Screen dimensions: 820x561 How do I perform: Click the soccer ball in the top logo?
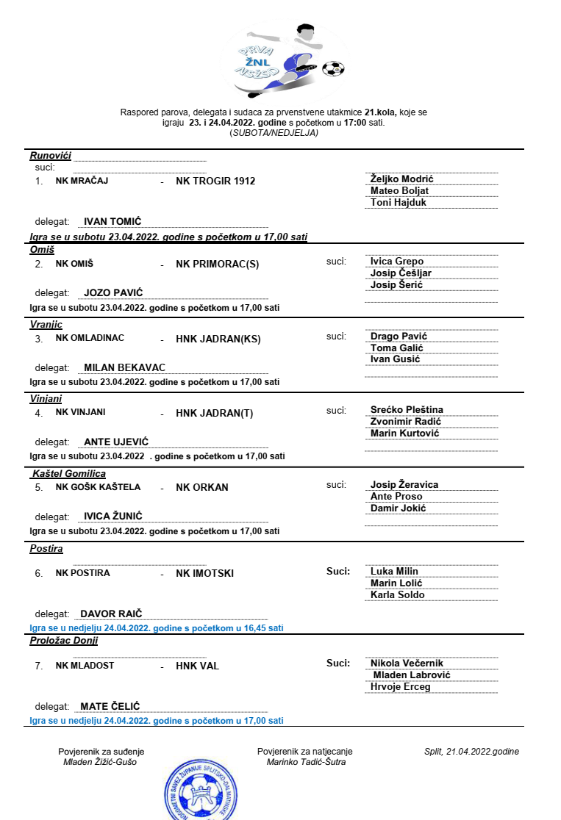pos(333,68)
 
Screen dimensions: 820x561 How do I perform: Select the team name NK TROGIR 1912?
pos(215,181)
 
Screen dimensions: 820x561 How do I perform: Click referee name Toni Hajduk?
pos(399,203)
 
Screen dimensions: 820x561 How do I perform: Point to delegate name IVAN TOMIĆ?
pos(112,221)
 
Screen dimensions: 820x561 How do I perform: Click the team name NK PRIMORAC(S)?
pos(217,265)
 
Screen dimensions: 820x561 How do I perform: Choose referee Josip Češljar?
pos(401,273)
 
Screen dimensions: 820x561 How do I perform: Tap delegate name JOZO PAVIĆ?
pos(113,292)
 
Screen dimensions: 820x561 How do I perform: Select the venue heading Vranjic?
pos(46,324)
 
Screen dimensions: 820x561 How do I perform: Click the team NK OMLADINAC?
pos(90,339)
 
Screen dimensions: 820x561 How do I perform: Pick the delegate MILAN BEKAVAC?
pos(124,367)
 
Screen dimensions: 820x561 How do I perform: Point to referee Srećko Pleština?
pos(407,410)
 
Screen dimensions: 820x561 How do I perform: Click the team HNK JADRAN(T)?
pos(214,413)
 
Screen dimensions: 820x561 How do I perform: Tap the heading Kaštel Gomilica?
pos(69,474)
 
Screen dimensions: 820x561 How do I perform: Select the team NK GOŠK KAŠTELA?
pos(98,487)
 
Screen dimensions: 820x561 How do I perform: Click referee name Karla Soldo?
pos(397,595)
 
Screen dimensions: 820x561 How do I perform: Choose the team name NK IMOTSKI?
pos(204,573)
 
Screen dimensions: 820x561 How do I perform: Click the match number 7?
pos(39,666)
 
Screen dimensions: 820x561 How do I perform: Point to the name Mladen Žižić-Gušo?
pos(100,762)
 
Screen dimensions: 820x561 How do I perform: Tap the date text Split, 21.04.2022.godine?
pos(471,752)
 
